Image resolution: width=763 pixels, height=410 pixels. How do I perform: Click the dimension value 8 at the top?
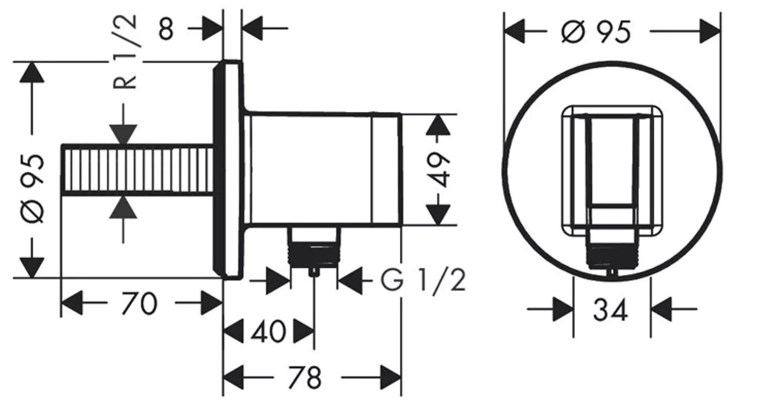(x=166, y=29)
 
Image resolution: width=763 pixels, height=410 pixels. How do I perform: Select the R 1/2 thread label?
(x=125, y=52)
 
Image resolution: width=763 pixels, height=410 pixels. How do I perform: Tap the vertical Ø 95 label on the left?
(x=33, y=189)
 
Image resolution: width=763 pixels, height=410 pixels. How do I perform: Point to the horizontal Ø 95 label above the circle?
(x=596, y=32)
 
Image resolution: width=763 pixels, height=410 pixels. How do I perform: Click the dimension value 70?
(x=139, y=304)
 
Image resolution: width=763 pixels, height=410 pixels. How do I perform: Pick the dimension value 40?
(x=268, y=331)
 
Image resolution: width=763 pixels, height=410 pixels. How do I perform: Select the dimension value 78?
(x=305, y=377)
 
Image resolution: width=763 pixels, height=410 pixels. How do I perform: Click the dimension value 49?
(x=438, y=169)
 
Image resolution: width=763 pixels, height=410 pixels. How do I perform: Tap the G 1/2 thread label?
(x=423, y=280)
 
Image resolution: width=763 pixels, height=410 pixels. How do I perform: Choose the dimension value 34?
(x=611, y=310)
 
